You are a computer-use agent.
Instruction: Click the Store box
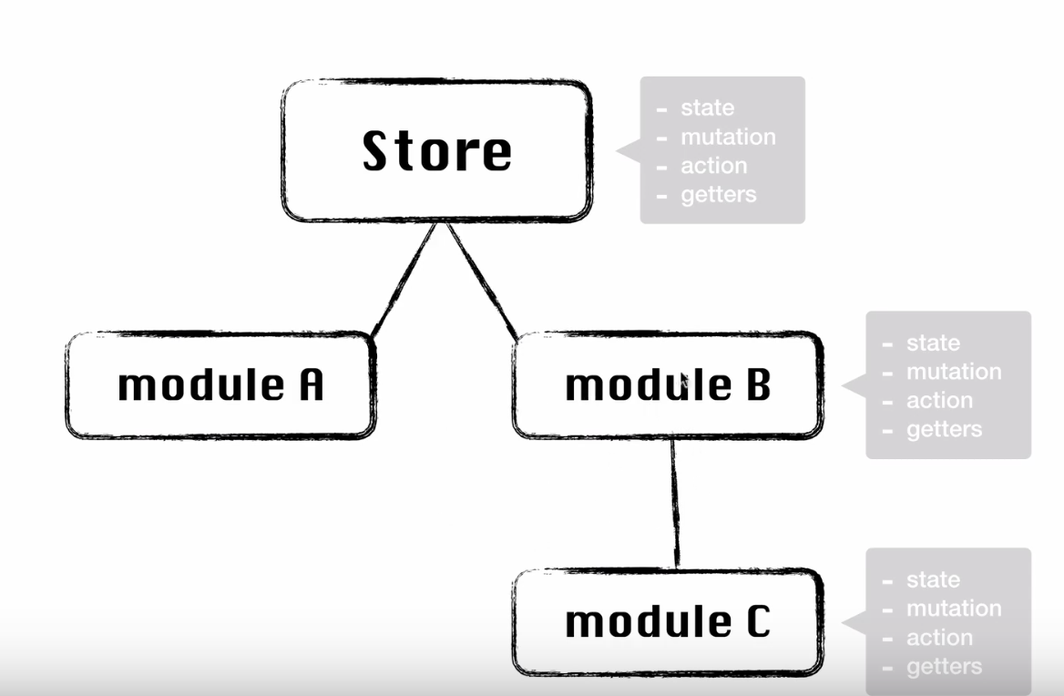436,150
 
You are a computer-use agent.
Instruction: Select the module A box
220,385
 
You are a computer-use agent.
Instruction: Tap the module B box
668,385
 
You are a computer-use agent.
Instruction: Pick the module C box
668,622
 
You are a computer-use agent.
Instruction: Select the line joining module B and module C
675,503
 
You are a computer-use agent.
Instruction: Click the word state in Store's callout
707,107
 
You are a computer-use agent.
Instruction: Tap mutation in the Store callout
728,137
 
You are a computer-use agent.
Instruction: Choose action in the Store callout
713,166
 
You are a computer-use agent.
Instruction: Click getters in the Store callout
718,194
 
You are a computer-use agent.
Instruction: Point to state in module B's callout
933,343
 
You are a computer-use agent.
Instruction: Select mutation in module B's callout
954,372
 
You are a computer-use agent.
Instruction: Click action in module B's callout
939,401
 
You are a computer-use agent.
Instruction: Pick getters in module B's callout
944,429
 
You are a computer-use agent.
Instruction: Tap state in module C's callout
933,580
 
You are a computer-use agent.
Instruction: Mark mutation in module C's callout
954,609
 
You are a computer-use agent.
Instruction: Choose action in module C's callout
939,638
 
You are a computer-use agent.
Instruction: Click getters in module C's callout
944,667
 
